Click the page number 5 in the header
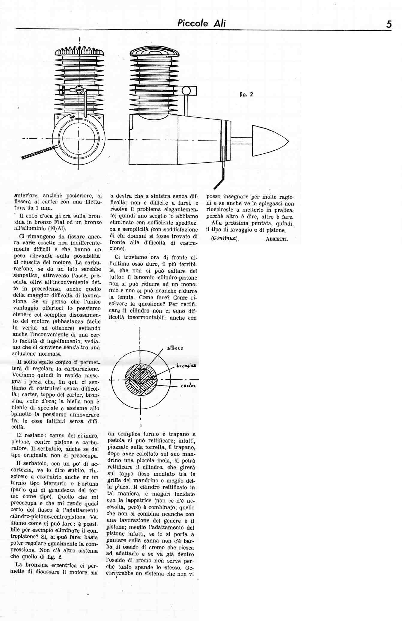389,24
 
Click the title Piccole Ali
201,23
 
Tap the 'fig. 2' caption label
246,94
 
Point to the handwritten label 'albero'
175,348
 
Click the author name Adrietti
276,239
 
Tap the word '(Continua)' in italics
225,238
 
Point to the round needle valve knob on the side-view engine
186,90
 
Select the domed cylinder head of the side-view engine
154,52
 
